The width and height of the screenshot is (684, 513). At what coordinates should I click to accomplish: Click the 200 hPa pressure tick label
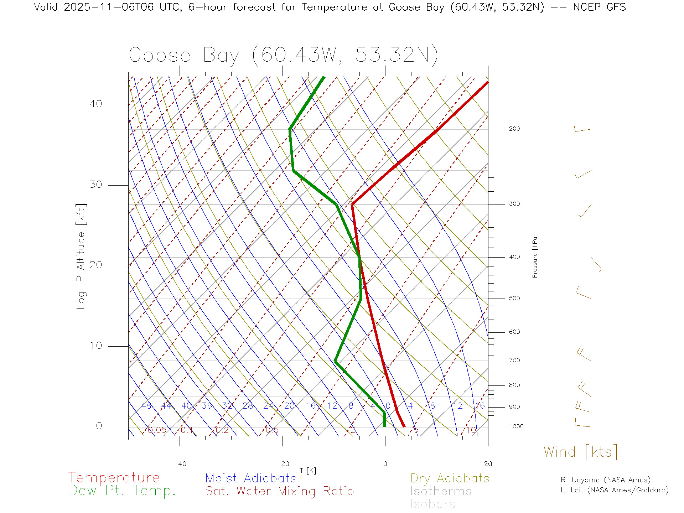point(514,129)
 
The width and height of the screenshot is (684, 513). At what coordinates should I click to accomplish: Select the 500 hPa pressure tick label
point(514,298)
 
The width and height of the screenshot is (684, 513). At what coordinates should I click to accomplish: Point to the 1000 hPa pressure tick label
point(516,426)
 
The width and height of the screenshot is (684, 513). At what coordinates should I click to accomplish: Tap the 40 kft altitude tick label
point(96,104)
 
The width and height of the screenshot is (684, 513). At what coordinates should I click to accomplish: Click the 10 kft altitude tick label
point(96,346)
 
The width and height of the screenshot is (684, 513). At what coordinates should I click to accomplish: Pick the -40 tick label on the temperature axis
point(180,464)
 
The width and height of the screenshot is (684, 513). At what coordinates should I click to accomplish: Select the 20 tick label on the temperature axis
point(488,464)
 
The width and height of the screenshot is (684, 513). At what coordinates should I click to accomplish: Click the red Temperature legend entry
point(114,477)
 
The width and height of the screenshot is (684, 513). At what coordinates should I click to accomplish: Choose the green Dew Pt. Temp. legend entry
point(122,491)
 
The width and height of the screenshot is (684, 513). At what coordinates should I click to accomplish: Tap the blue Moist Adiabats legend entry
point(251,478)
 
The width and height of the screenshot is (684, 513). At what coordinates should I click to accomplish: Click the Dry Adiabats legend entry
point(450,478)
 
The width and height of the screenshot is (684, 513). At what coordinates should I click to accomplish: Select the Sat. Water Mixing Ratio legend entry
point(279,491)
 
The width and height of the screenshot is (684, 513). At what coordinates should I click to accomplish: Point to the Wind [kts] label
point(581,452)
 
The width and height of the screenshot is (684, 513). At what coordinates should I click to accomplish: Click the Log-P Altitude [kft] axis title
point(81,256)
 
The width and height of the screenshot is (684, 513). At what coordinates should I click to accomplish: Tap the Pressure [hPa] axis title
point(535,256)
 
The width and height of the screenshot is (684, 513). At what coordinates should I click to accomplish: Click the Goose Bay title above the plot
point(283,55)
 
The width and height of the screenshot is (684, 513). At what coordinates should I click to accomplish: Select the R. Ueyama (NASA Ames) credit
point(606,480)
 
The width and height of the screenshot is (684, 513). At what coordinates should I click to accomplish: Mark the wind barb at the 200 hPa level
point(582,129)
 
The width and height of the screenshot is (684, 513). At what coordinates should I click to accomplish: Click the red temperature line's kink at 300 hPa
point(352,204)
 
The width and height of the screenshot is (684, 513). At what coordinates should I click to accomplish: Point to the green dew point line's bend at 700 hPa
point(335,361)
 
